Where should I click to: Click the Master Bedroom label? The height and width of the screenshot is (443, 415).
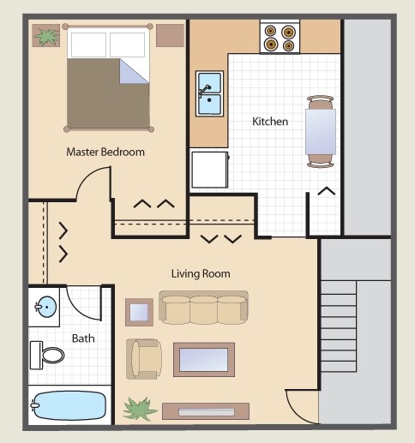pyautogui.click(x=105, y=152)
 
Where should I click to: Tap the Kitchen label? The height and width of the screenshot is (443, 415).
pyautogui.click(x=269, y=122)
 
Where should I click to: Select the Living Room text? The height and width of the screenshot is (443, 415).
pyautogui.click(x=200, y=274)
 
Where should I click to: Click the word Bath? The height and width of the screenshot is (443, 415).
pyautogui.click(x=83, y=338)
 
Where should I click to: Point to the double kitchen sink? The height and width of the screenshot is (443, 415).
pyautogui.click(x=209, y=93)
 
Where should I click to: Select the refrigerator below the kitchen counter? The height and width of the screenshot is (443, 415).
pyautogui.click(x=210, y=169)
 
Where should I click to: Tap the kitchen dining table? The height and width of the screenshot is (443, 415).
pyautogui.click(x=321, y=129)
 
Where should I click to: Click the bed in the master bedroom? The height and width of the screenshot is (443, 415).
pyautogui.click(x=107, y=77)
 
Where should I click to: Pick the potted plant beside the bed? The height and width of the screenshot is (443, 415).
pyautogui.click(x=45, y=36)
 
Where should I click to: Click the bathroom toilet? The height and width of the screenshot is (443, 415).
pyautogui.click(x=47, y=353)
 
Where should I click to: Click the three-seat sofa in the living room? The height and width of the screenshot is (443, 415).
pyautogui.click(x=204, y=308)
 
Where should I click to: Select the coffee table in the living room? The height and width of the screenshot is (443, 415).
pyautogui.click(x=204, y=359)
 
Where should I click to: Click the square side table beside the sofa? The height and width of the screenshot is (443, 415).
pyautogui.click(x=139, y=311)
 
